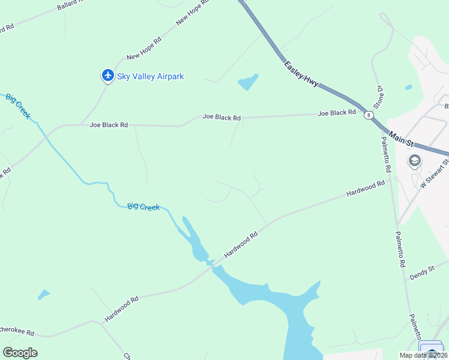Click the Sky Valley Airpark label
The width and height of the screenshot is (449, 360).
tap(150, 76)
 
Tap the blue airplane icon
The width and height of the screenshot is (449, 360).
tap(107, 75)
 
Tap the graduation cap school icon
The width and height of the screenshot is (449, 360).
tap(414, 161)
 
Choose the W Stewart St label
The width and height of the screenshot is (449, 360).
tap(435, 173)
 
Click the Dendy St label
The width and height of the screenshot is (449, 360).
tap(421, 274)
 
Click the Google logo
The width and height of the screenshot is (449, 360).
tap(20, 353)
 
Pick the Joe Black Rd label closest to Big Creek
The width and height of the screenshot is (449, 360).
tap(109, 125)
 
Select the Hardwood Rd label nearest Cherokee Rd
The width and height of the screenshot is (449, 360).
tap(121, 308)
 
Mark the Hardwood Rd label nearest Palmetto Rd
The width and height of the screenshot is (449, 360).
tap(365, 190)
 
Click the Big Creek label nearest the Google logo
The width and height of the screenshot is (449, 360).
tap(143, 207)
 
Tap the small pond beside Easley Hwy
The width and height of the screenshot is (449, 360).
tap(248, 82)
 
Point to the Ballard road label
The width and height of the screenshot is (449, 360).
tap(71, 7)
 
